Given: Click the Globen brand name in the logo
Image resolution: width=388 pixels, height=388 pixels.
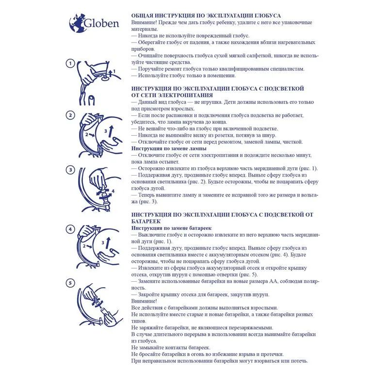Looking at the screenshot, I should click(101, 23).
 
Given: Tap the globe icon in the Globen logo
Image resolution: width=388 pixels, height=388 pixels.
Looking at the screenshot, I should click(76, 22).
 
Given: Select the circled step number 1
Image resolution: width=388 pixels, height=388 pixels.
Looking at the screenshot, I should click(70, 64).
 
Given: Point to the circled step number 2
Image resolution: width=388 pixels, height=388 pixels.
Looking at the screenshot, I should click(70, 115).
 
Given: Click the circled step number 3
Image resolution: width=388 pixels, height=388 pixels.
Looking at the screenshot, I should click(70, 170).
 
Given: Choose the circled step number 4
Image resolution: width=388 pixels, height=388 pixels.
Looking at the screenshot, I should click(70, 229).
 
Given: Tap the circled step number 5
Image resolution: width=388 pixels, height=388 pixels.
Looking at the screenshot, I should click(70, 282).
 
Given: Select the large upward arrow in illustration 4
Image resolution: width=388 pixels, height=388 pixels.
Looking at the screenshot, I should click(111, 242).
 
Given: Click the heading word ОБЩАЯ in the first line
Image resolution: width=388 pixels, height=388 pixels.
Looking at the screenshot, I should click(145, 16).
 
